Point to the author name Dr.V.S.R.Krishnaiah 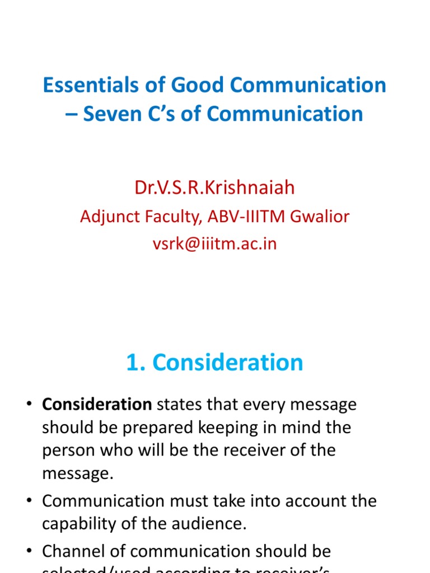(x=214, y=187)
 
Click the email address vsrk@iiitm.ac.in (x=214, y=244)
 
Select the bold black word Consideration (x=97, y=404)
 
